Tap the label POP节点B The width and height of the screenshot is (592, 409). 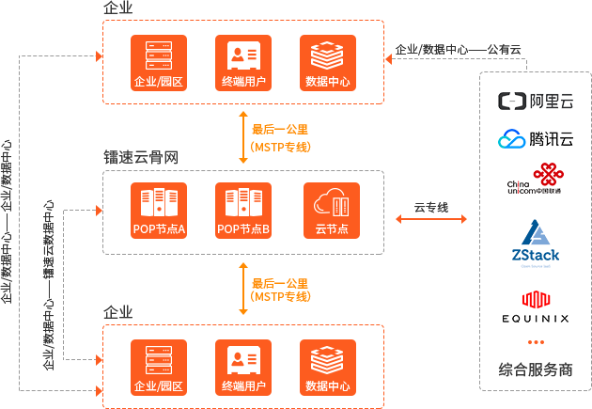coord(243,229)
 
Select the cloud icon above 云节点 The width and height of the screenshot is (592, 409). coord(332,202)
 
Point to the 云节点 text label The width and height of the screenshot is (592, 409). coord(332,229)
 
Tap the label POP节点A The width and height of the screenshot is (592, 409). coord(159,229)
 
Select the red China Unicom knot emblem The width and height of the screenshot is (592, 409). coord(547,174)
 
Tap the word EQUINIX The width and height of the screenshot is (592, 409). coord(536,319)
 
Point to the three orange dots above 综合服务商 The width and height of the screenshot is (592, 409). coord(536,341)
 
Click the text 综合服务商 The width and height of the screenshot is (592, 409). coord(536,370)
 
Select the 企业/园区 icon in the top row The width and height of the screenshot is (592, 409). coord(159,55)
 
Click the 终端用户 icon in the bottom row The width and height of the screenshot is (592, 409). coord(243,360)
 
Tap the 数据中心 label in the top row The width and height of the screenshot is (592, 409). coord(328,82)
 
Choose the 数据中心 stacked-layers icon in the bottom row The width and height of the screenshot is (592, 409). coord(328,360)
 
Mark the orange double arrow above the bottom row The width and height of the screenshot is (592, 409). coord(273,287)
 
